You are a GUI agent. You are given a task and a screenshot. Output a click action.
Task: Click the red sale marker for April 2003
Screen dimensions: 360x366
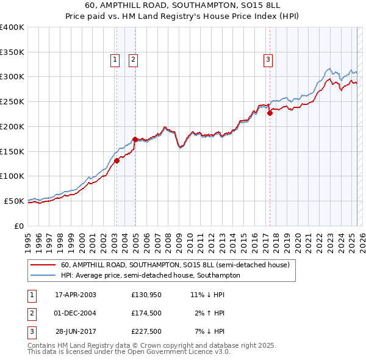tap(117, 161)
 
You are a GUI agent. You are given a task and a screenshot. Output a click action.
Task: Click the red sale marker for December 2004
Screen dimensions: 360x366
tap(135, 139)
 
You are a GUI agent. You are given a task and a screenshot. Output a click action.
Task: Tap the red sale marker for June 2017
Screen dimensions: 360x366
tap(270, 113)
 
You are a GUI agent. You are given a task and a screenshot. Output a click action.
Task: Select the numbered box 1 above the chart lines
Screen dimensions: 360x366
tap(115, 59)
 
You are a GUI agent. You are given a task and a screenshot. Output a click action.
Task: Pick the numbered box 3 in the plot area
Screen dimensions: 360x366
tap(268, 59)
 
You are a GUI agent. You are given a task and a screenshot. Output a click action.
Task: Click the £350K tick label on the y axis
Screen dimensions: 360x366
tap(12, 52)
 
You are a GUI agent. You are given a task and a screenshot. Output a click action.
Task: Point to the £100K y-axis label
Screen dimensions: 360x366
tap(12, 176)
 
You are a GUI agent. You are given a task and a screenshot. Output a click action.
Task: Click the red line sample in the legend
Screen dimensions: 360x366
tap(43, 265)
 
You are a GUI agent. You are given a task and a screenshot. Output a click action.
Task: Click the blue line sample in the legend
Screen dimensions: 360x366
tap(43, 276)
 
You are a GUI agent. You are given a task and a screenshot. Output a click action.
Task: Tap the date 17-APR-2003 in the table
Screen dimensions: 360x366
tap(76, 295)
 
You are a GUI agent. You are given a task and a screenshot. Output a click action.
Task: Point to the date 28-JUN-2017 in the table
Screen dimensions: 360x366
tap(76, 332)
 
